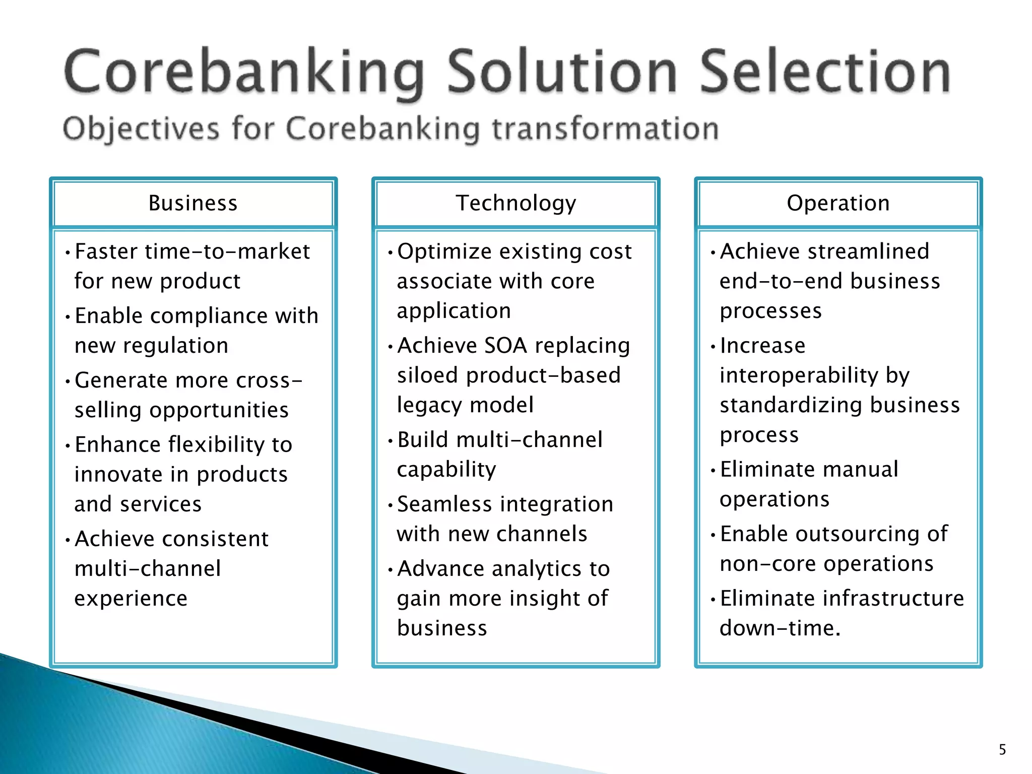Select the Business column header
tap(193, 203)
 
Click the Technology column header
tap(515, 203)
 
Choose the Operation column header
tap(838, 203)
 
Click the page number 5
tap(1002, 750)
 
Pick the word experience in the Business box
tap(131, 599)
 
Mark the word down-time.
tap(780, 628)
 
